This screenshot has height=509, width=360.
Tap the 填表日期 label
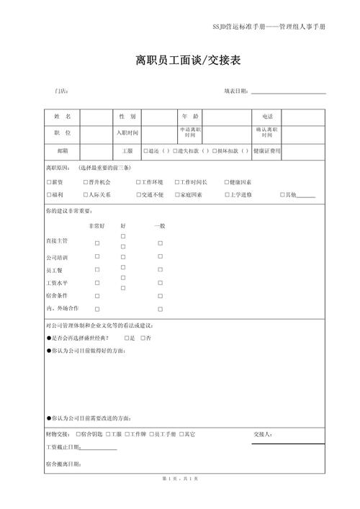click(x=236, y=91)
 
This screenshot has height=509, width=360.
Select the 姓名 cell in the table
click(x=62, y=116)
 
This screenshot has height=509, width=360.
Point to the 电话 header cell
click(x=266, y=116)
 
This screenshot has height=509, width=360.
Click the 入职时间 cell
click(x=128, y=133)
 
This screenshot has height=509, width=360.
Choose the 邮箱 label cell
click(x=62, y=151)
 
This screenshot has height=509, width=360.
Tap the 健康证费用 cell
click(x=266, y=151)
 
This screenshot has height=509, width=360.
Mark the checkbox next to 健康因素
click(x=227, y=182)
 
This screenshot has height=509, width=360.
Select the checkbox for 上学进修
click(x=227, y=195)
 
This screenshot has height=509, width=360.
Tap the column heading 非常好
click(x=96, y=226)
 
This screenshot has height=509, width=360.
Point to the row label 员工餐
click(x=55, y=270)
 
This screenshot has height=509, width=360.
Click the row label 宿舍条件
click(x=57, y=296)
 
